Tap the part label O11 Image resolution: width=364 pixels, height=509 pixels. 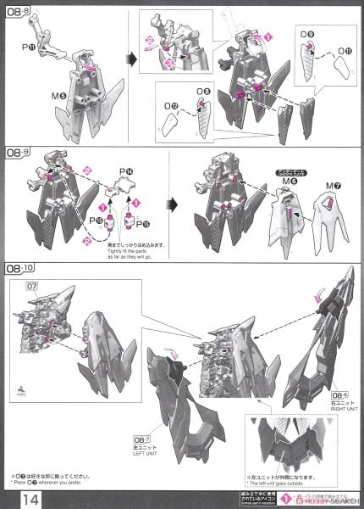pyautogui.click(x=343, y=51)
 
